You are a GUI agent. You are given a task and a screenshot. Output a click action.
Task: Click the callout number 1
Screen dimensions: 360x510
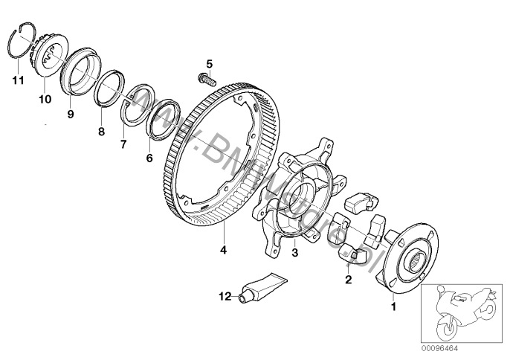coord(394,303)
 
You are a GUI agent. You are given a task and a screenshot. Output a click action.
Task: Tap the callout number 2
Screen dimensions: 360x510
coord(347,280)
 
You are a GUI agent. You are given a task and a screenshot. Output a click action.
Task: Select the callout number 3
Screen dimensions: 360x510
coord(294,253)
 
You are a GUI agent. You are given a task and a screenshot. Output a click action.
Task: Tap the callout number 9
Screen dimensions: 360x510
coord(71,115)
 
